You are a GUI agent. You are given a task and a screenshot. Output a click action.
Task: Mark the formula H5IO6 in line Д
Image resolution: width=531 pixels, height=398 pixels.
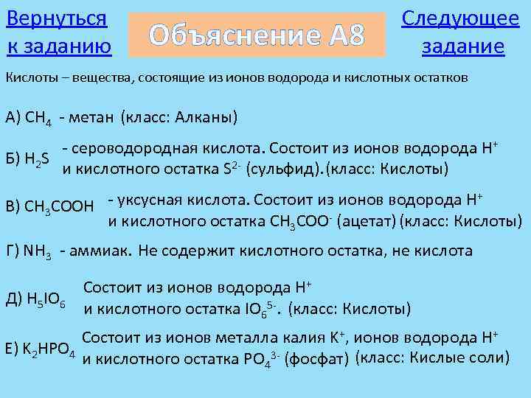click(42, 299)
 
